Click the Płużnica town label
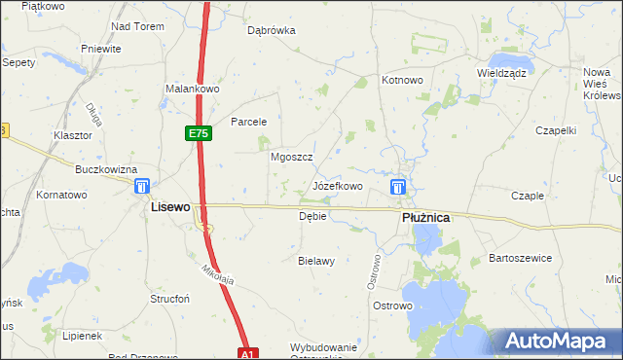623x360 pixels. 425,219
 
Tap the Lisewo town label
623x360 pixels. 168,208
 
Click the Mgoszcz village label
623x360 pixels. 290,156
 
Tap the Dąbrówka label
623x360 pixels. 271,30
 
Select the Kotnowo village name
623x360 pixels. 402,80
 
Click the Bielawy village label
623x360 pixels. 316,261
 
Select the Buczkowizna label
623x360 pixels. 106,169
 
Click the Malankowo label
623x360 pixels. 194,89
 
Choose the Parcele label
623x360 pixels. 248,122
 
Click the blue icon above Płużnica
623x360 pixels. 398,187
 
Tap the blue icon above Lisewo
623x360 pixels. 142,186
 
